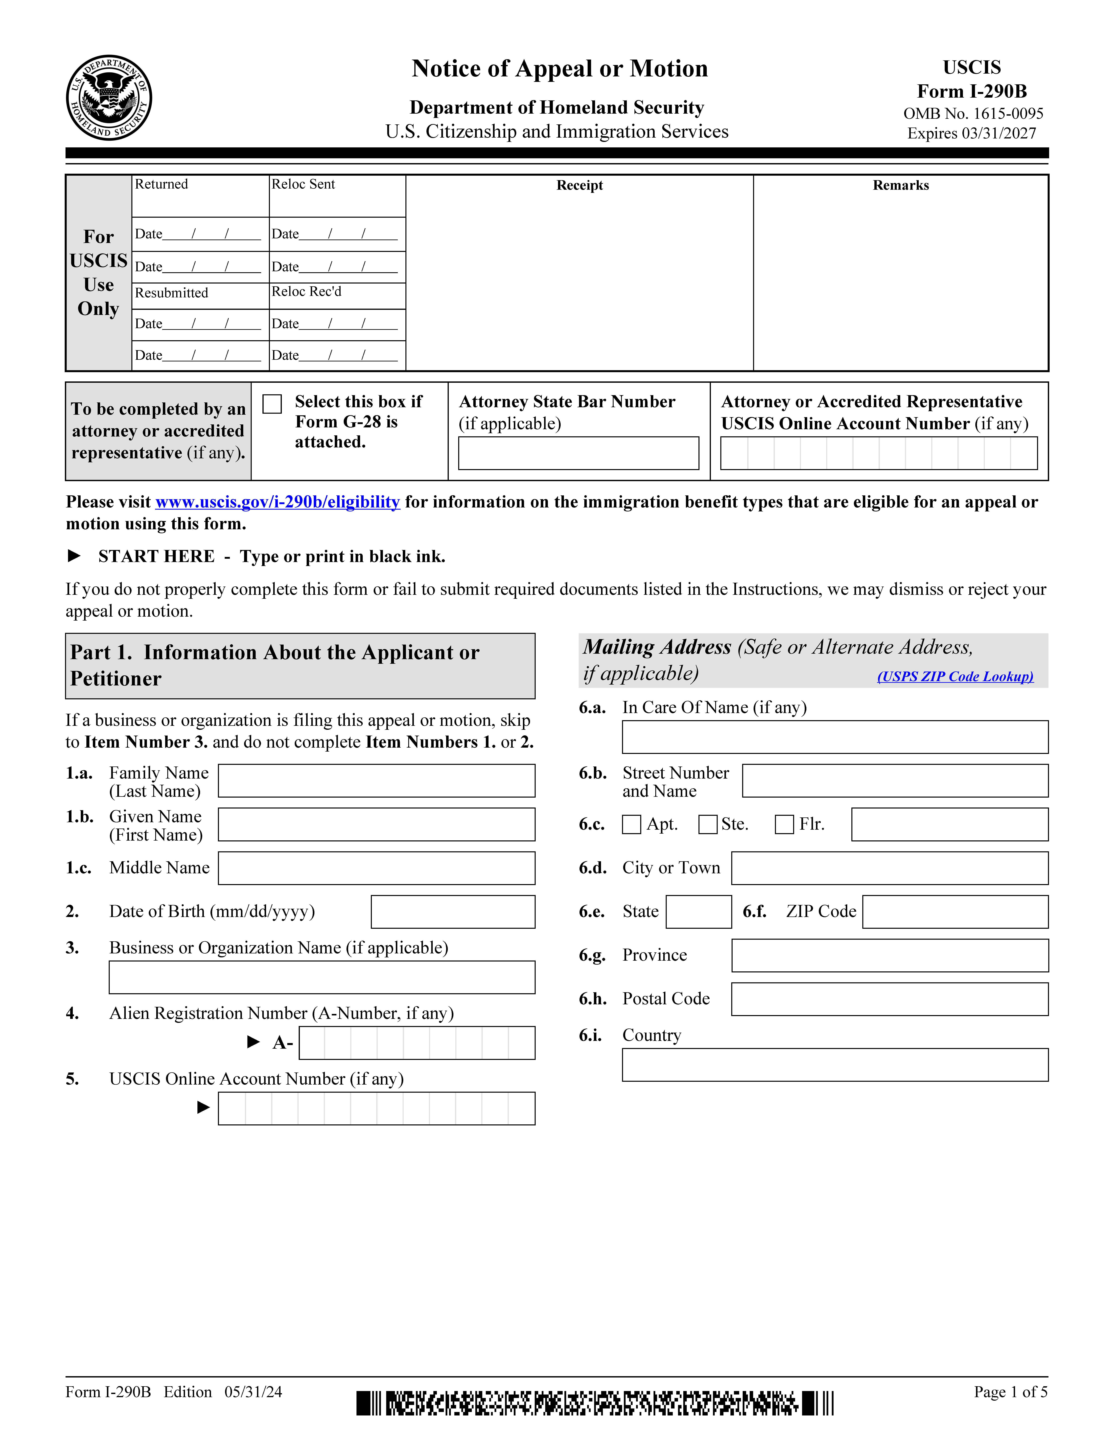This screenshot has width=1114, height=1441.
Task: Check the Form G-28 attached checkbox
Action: click(272, 404)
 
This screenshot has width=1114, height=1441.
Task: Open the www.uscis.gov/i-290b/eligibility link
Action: click(277, 502)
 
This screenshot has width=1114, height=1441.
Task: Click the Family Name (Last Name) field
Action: click(376, 781)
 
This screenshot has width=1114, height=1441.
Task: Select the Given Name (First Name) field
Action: click(376, 824)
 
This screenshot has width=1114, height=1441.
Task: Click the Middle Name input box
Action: click(376, 868)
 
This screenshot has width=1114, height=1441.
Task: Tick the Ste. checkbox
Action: click(707, 824)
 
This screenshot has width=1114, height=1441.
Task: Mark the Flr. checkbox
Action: click(784, 824)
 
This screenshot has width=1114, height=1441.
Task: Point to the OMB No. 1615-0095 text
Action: click(973, 113)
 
